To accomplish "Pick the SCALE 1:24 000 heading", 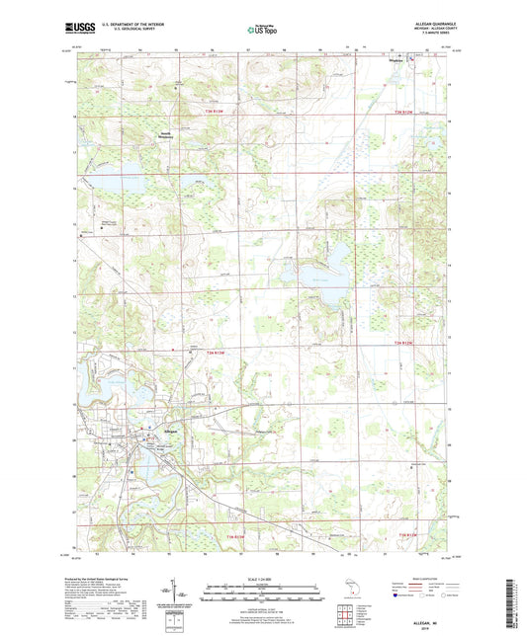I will pos(262,578).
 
